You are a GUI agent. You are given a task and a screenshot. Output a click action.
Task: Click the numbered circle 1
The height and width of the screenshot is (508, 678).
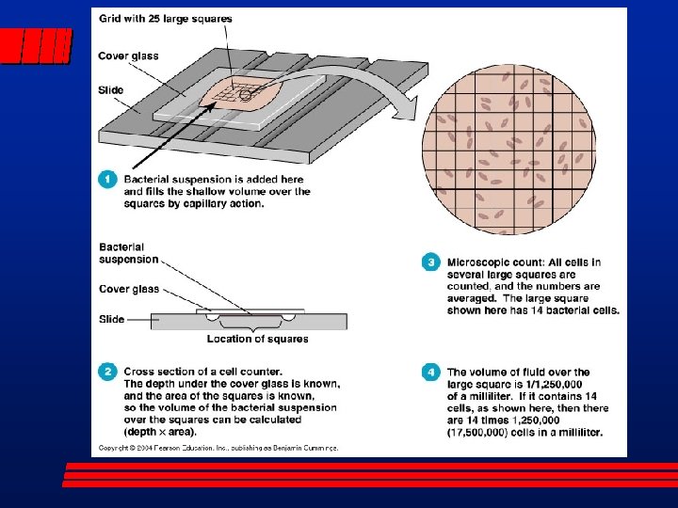click(109, 177)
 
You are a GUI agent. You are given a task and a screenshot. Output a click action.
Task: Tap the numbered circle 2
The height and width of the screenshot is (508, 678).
click(109, 373)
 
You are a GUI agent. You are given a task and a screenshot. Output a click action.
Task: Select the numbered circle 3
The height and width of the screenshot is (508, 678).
click(431, 262)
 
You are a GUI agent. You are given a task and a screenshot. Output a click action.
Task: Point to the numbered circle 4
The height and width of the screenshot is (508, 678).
click(431, 373)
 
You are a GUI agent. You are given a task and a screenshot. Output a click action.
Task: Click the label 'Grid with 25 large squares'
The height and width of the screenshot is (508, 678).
click(165, 19)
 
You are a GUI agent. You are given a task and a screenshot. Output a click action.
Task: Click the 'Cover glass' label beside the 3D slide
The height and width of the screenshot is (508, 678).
click(128, 56)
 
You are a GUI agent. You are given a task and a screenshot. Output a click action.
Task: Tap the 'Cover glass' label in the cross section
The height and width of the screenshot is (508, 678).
click(129, 289)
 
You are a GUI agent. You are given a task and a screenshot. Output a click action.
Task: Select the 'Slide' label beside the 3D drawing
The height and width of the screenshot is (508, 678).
click(111, 90)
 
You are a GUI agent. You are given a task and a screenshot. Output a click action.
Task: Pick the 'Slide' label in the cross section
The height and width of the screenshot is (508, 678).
click(111, 319)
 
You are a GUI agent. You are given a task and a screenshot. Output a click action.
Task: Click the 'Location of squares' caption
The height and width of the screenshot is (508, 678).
click(258, 339)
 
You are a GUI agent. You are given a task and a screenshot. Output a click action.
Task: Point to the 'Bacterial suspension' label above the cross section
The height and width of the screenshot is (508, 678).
click(128, 252)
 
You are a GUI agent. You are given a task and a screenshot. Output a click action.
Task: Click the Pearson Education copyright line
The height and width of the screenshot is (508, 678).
click(218, 448)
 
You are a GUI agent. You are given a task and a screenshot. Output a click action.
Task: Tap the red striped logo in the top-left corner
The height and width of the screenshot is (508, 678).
click(37, 45)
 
